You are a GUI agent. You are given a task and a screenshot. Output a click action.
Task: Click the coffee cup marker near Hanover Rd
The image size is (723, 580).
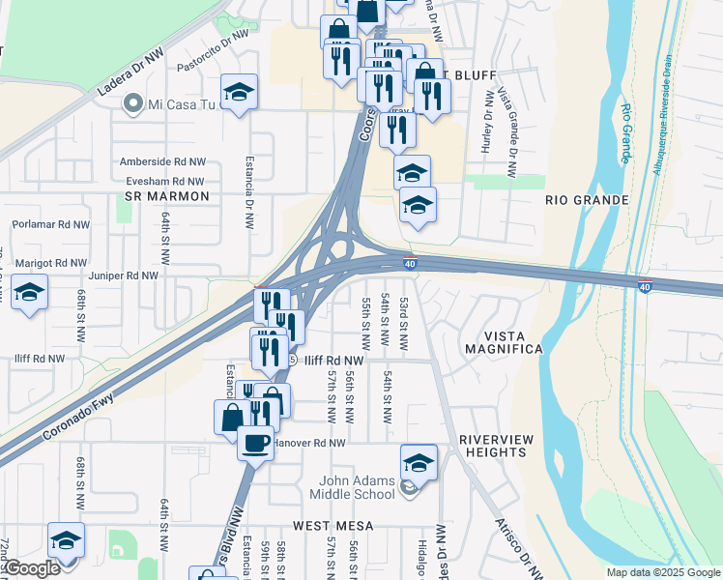(x=255, y=443)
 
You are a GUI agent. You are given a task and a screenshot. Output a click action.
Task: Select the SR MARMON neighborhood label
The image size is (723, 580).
(x=167, y=197)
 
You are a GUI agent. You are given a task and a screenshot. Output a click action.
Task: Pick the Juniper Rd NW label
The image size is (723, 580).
(x=122, y=275)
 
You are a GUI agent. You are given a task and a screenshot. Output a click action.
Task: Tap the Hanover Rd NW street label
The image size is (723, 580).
(x=309, y=443)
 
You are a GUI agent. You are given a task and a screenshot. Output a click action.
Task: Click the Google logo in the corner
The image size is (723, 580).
(x=31, y=568)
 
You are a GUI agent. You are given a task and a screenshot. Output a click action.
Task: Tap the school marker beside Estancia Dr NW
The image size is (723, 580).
(x=239, y=92)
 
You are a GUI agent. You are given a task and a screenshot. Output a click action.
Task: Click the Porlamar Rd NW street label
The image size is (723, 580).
(x=50, y=224)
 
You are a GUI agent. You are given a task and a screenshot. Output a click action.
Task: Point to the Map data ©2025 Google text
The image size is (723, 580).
(x=662, y=572)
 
